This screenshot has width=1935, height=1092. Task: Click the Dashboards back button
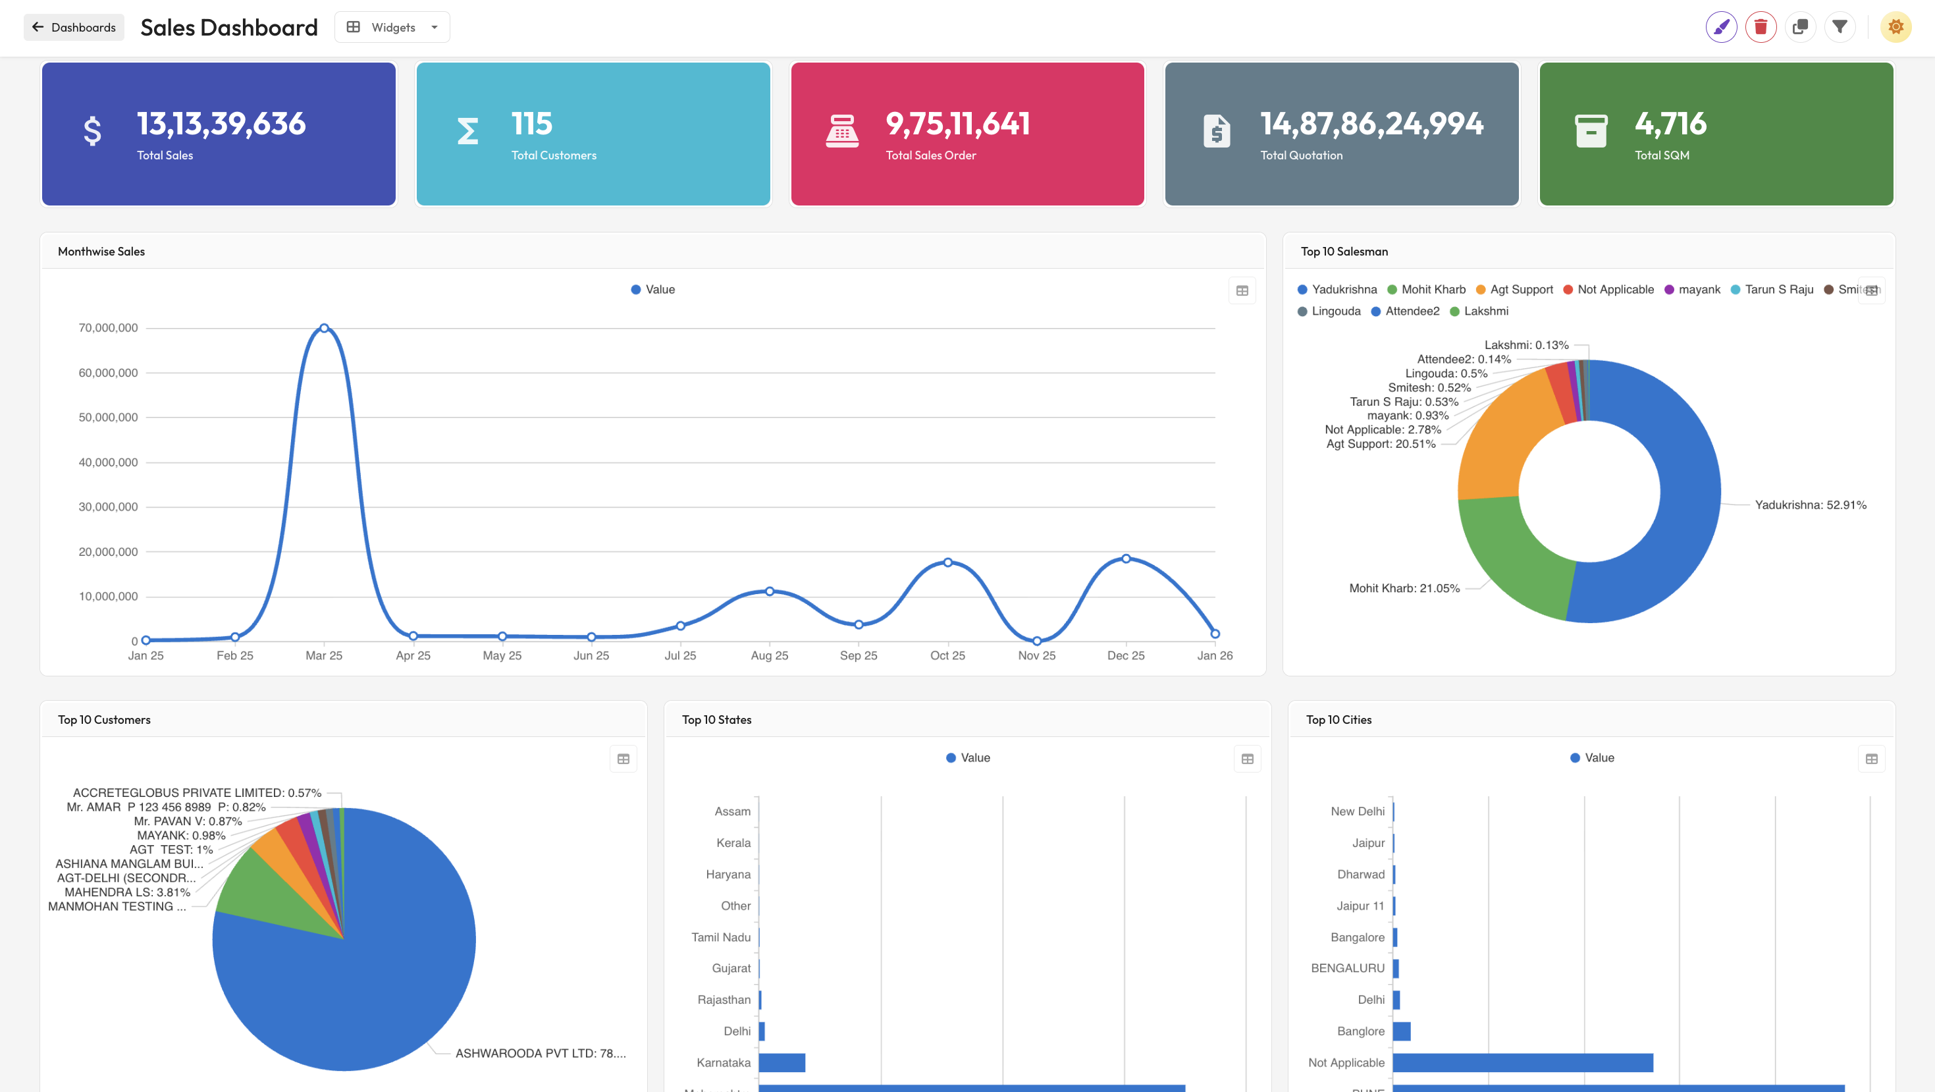pos(74,27)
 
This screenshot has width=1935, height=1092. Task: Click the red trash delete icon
pos(1760,27)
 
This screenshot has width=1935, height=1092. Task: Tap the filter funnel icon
pos(1839,27)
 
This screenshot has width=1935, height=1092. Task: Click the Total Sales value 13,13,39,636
pos(221,124)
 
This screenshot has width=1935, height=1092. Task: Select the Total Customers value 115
pos(531,124)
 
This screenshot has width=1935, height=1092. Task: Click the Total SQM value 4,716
pos(1670,124)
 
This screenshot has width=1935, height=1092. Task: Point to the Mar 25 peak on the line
pos(324,329)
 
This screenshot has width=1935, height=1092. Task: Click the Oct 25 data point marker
pos(947,562)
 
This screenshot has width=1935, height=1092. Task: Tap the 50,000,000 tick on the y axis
pos(108,417)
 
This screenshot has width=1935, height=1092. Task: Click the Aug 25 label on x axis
pos(769,655)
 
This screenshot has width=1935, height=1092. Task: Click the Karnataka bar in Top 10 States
pos(782,1062)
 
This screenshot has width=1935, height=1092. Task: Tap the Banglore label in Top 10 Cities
pos(1360,1031)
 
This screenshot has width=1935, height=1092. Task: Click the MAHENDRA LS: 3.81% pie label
pos(127,892)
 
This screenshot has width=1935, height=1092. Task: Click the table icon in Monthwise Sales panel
pos(1242,291)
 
